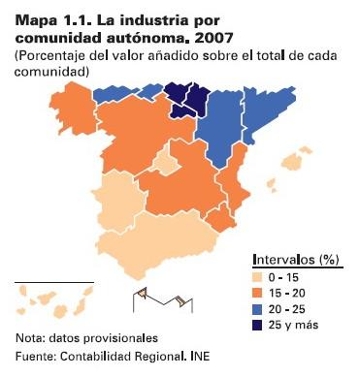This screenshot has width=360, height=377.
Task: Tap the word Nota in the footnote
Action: point(30,339)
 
